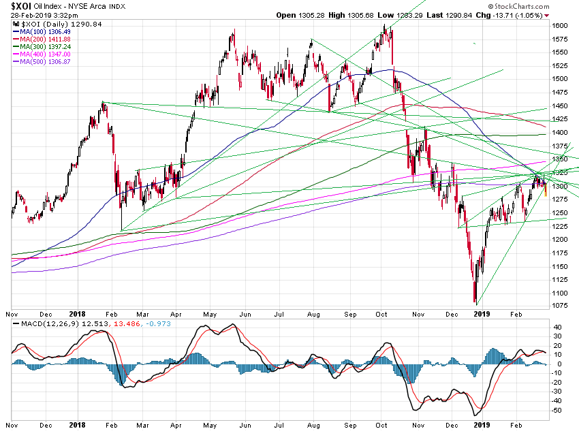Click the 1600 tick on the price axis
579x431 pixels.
click(x=559, y=25)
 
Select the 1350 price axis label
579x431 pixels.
click(x=559, y=159)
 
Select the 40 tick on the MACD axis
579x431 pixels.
click(x=557, y=327)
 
